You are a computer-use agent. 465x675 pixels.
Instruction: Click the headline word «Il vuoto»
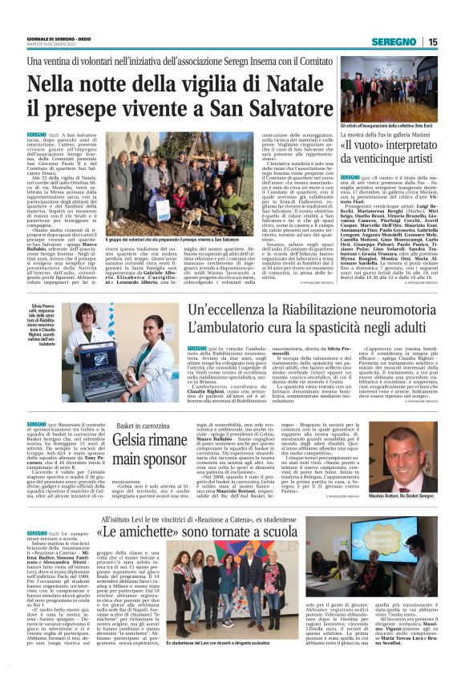click(368, 147)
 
